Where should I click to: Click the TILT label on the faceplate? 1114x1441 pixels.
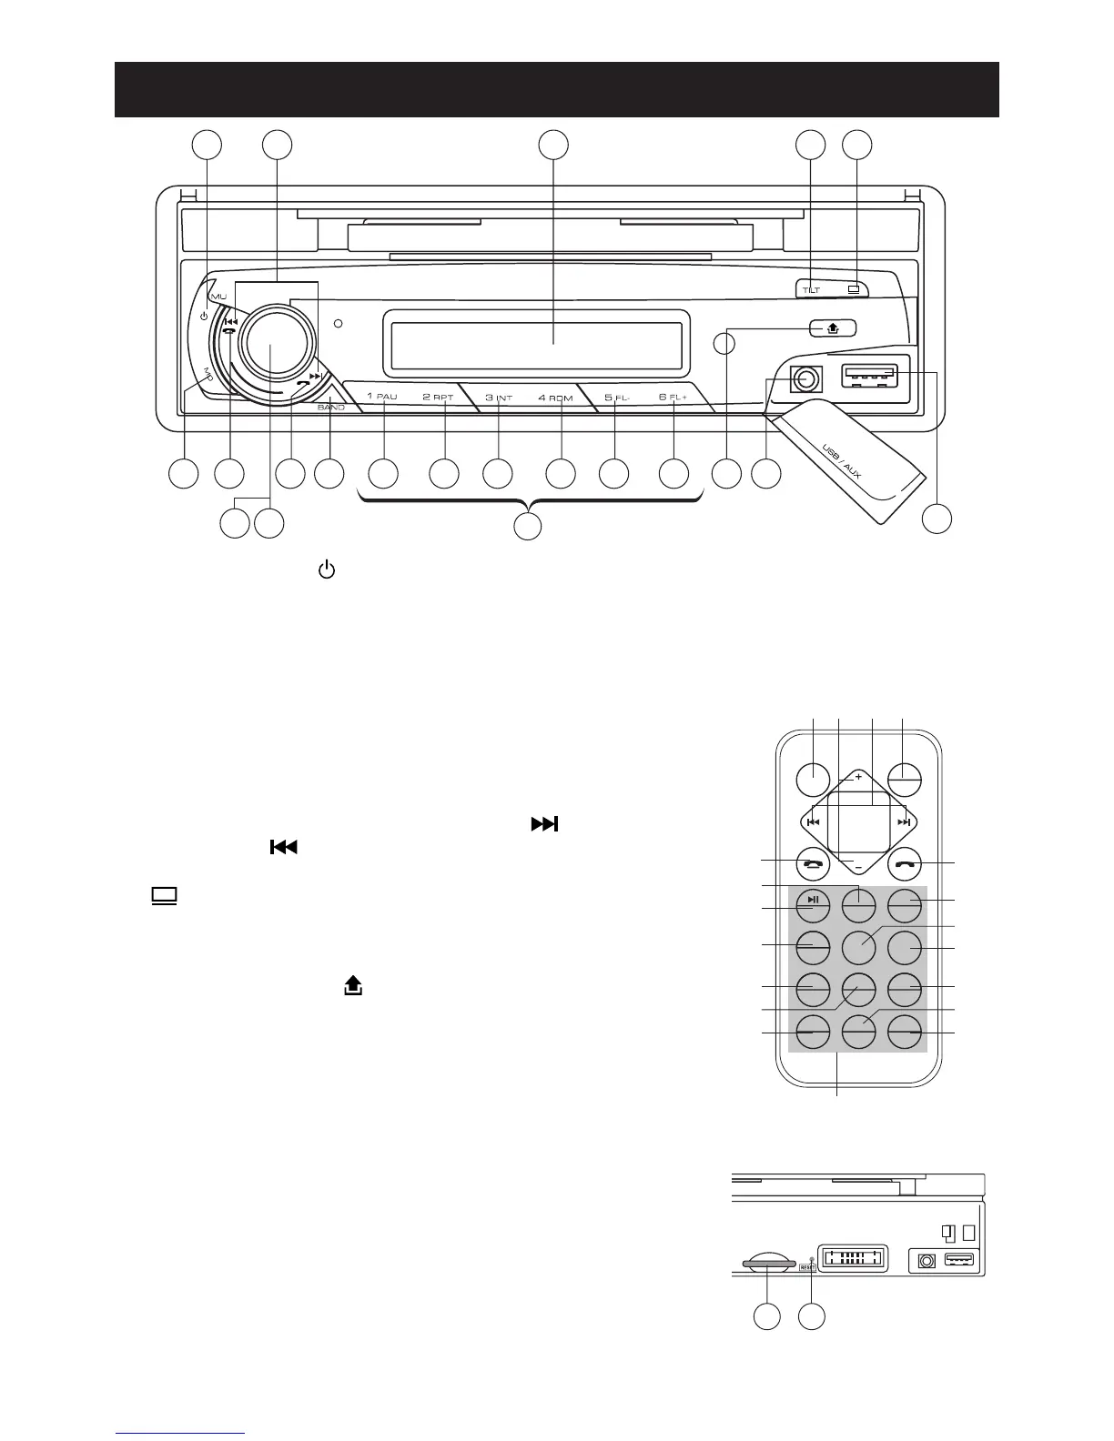coord(811,290)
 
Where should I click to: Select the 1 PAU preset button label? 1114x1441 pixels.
coord(382,398)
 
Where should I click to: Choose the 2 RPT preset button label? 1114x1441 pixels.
coord(438,398)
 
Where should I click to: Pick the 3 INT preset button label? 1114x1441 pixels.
coord(498,398)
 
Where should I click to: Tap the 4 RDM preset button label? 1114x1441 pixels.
coord(555,398)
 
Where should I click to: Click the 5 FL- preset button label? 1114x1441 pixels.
coord(618,398)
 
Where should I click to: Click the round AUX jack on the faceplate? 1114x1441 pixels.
coord(803,378)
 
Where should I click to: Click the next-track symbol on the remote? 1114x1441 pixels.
coord(903,822)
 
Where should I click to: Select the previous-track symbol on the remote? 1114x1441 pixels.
coord(813,822)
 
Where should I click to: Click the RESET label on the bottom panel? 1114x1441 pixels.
coord(807,1265)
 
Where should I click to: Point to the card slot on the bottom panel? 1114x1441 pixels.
coord(768,1264)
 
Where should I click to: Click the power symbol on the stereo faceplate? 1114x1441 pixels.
coord(204,318)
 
